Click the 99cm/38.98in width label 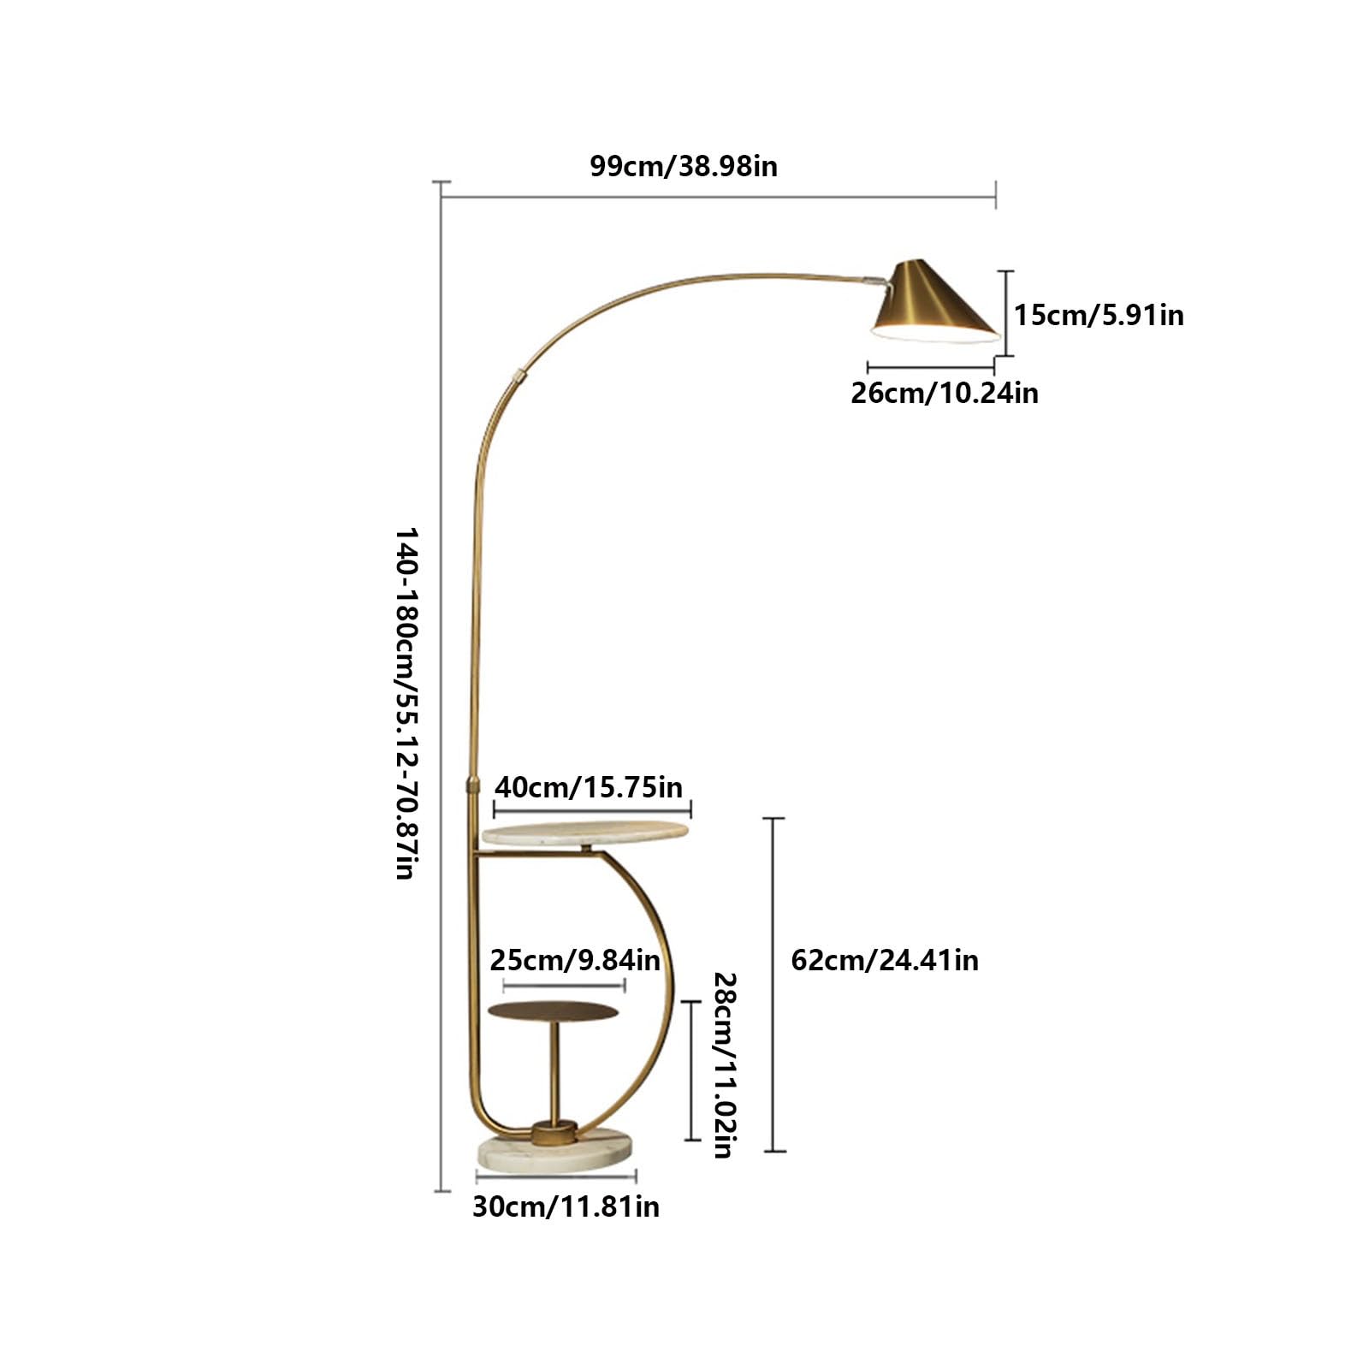(684, 166)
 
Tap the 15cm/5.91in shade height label (1099, 315)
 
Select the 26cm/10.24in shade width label (945, 393)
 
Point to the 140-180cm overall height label (406, 703)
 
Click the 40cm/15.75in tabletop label (590, 786)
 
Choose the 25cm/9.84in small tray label (575, 960)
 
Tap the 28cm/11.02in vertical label (725, 1064)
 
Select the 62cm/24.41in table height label (885, 960)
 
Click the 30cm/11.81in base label (566, 1206)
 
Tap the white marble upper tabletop (585, 833)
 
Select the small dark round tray (553, 1011)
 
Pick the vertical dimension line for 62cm (773, 985)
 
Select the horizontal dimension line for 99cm (718, 196)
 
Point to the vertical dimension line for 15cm (1006, 313)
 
